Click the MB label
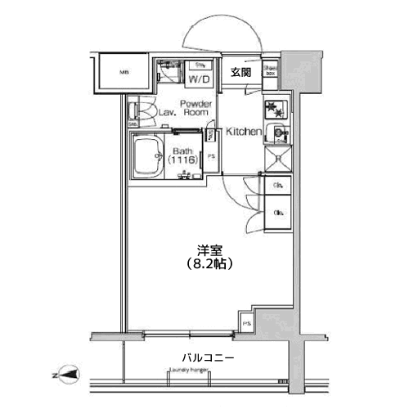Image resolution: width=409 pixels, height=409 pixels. [x=124, y=73]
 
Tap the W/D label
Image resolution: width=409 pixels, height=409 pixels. [x=200, y=80]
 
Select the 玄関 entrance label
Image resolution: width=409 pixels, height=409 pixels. [x=240, y=72]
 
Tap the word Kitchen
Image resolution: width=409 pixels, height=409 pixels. [x=243, y=132]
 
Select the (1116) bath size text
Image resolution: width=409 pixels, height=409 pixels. [x=182, y=160]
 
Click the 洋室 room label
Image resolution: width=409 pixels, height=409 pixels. [x=208, y=251]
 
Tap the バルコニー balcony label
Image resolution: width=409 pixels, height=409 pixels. [x=208, y=358]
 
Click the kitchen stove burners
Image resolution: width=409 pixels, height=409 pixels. [x=273, y=110]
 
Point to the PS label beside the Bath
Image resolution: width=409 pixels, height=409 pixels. [x=211, y=157]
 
